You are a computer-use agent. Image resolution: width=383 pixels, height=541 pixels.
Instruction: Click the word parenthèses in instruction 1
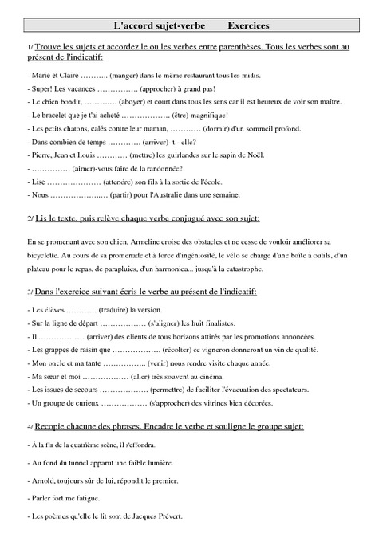[246, 49]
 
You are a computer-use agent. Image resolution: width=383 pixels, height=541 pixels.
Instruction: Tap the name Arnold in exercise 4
[43, 480]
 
